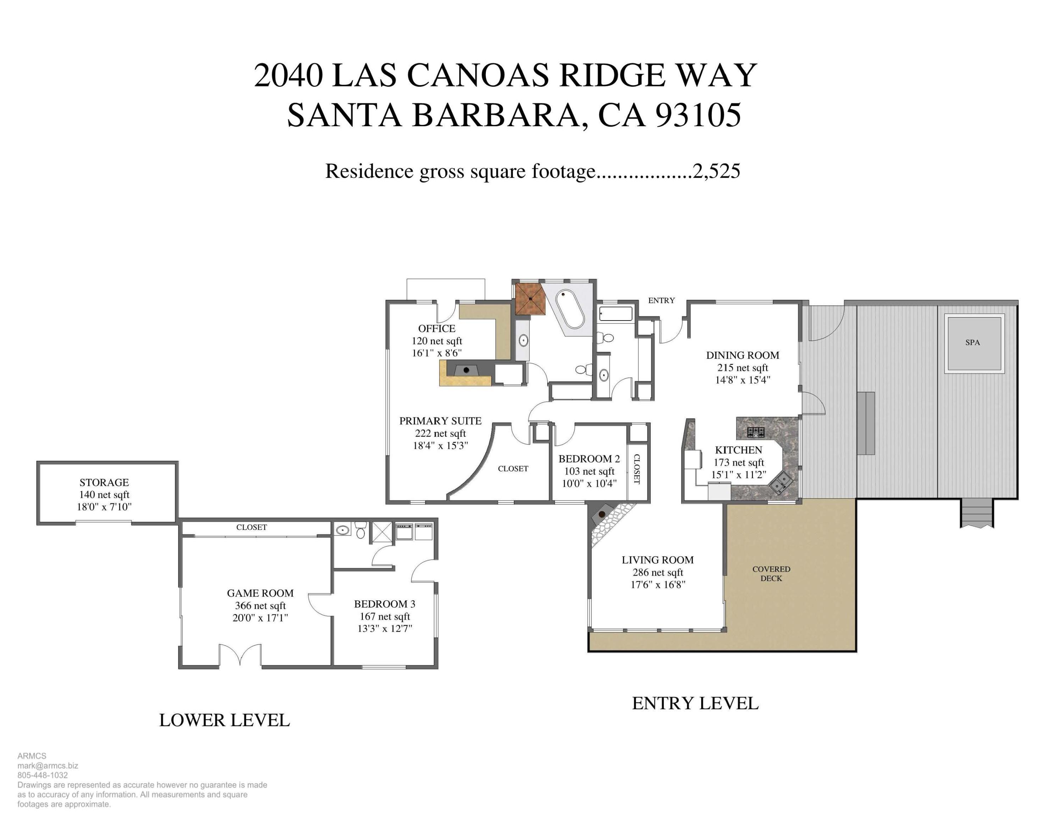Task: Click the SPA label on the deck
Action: pyautogui.click(x=972, y=342)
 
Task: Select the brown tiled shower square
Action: pyautogui.click(x=530, y=299)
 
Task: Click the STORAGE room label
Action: pyautogui.click(x=104, y=482)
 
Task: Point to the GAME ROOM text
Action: pyautogui.click(x=260, y=593)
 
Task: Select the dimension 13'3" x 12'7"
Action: pyautogui.click(x=385, y=629)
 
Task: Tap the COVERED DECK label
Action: pyautogui.click(x=771, y=574)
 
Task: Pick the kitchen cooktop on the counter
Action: pyautogui.click(x=755, y=431)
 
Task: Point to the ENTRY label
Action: pyautogui.click(x=661, y=300)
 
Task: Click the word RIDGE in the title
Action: pyautogui.click(x=612, y=76)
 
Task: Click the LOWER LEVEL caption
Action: pyautogui.click(x=225, y=720)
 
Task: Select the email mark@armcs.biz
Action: pyautogui.click(x=48, y=765)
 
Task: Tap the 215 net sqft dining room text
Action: pyautogui.click(x=742, y=368)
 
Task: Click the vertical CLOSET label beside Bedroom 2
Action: pyautogui.click(x=637, y=469)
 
